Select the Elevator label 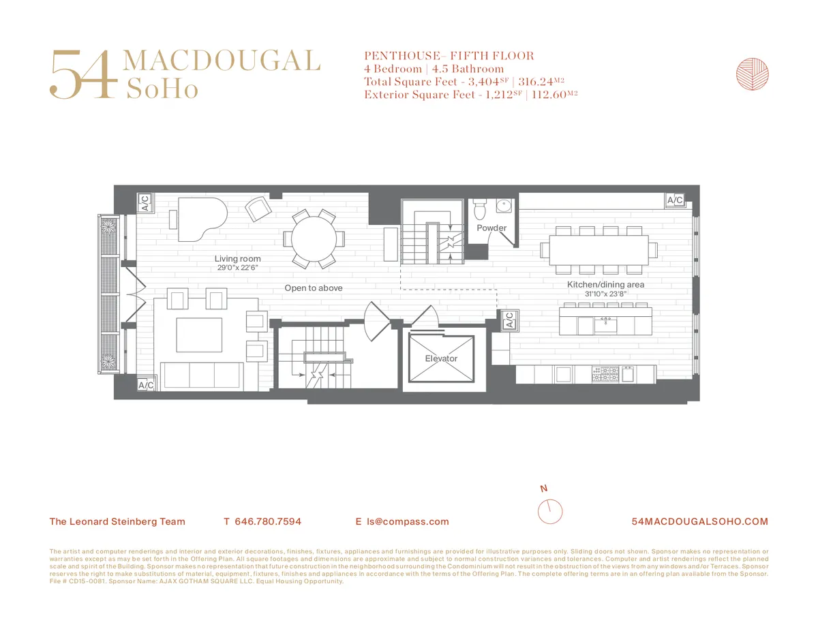(x=441, y=358)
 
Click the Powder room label (x=491, y=228)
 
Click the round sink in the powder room (x=504, y=207)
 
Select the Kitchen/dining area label (x=605, y=284)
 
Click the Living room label (x=237, y=259)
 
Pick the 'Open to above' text (x=314, y=288)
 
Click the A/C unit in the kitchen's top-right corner (x=675, y=200)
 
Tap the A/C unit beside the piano (x=145, y=202)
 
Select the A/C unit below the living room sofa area (x=146, y=385)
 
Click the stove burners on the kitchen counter (x=605, y=374)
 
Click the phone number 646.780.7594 (x=267, y=522)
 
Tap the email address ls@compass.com (x=408, y=522)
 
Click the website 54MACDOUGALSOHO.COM (x=700, y=522)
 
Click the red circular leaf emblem (x=753, y=74)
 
